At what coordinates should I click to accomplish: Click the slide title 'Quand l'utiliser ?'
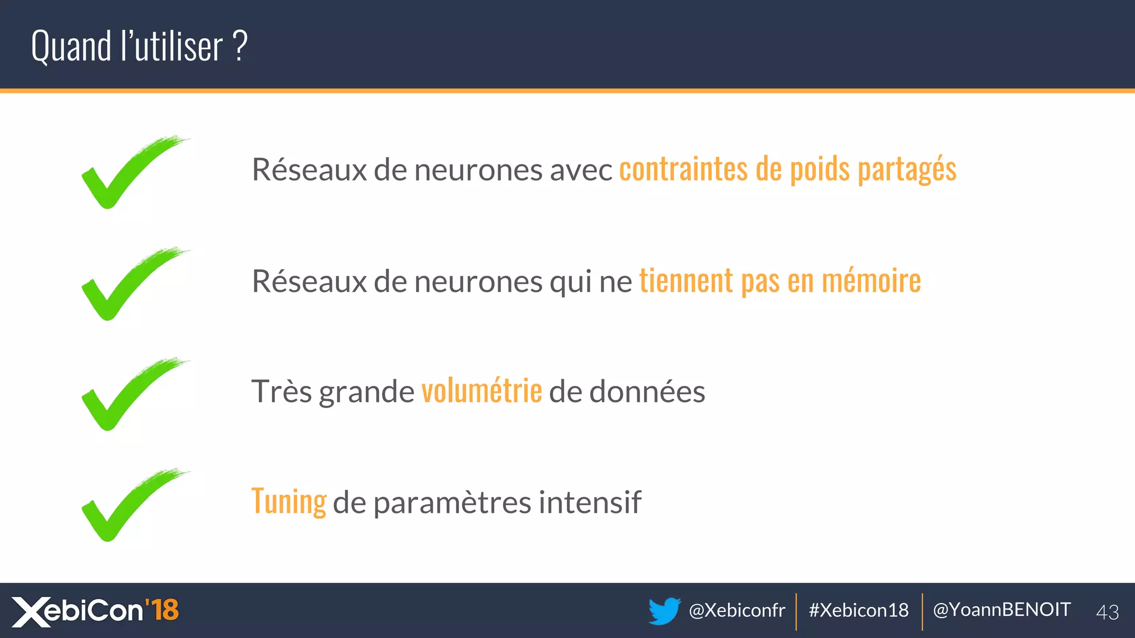139,46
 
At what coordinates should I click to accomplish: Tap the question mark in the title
239,46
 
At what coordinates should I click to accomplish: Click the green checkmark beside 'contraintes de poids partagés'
125,172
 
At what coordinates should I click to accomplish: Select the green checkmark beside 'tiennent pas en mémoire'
125,284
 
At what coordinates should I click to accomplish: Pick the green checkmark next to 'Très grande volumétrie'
125,394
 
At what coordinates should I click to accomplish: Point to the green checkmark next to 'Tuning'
125,505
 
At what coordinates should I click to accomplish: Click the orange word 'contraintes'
683,169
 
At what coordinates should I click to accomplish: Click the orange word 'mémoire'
871,281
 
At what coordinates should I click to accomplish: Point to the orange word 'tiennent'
686,281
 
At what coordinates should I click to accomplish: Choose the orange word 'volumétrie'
482,391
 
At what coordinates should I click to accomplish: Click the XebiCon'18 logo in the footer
95,611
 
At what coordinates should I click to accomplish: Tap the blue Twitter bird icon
664,611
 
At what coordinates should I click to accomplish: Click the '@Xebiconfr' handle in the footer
737,610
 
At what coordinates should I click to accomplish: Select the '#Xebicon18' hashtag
858,610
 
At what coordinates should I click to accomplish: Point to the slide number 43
1107,612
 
